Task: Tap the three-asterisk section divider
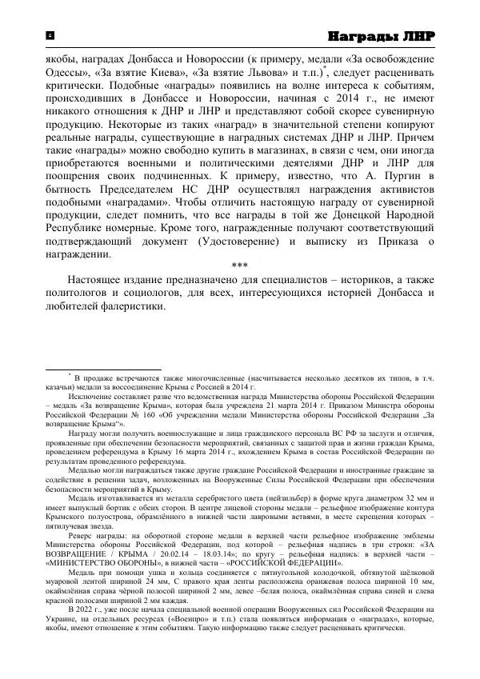click(x=238, y=265)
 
